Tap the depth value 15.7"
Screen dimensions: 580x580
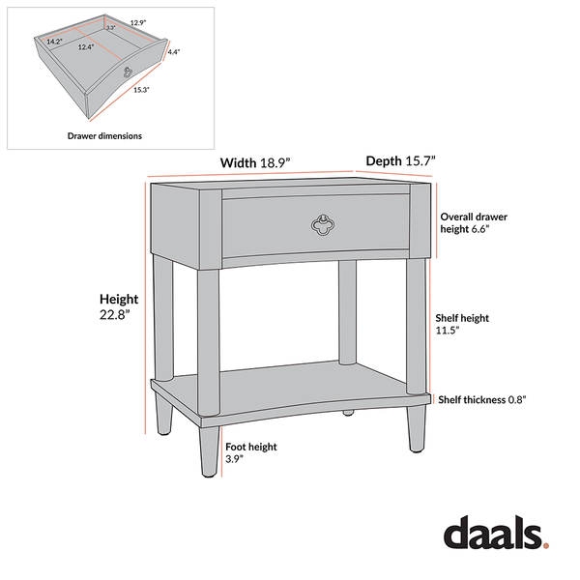click(x=420, y=160)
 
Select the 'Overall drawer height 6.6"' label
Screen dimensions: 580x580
click(x=474, y=223)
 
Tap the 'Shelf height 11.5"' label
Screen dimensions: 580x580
click(x=461, y=323)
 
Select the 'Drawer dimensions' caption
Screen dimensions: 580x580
click(x=104, y=136)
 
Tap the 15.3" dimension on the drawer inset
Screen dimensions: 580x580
click(x=141, y=90)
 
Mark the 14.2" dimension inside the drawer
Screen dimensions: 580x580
click(x=54, y=42)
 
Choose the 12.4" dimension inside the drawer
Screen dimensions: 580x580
click(x=86, y=46)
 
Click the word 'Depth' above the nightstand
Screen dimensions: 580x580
click(x=383, y=160)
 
